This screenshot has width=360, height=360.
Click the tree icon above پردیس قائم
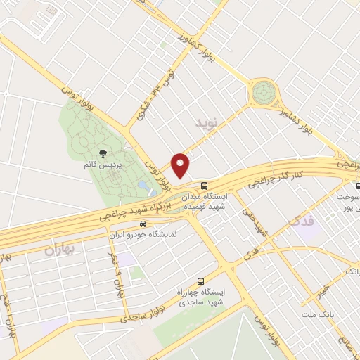(x=103, y=153)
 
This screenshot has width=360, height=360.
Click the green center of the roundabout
(x=264, y=91)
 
